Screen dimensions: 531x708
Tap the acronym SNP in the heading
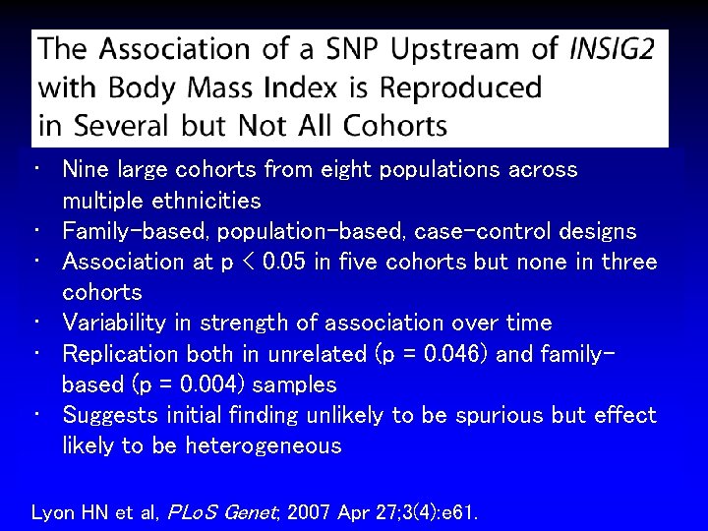point(326,47)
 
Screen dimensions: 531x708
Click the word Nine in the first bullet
point(84,169)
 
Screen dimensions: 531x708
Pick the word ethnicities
point(206,201)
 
